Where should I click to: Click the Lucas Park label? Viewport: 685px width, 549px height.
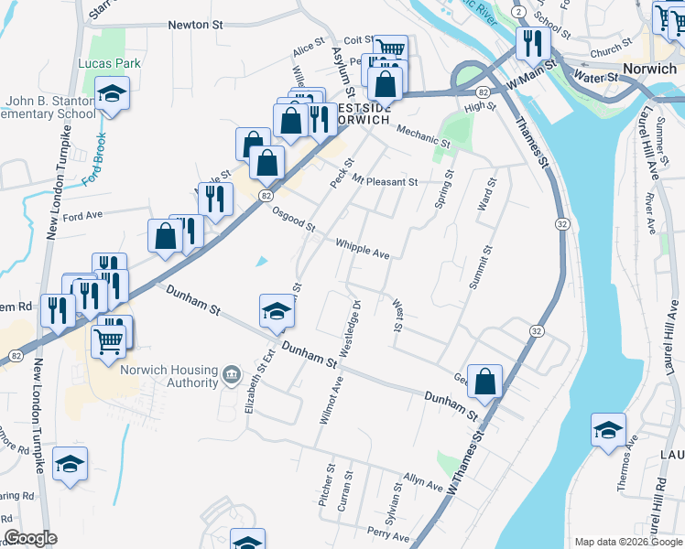pyautogui.click(x=109, y=63)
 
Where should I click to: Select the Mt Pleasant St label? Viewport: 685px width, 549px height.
pyautogui.click(x=385, y=182)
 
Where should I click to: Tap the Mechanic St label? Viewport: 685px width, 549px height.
pyautogui.click(x=423, y=136)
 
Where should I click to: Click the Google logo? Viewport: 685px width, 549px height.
pyautogui.click(x=31, y=538)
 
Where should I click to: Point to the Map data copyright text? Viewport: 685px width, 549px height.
pyautogui.click(x=627, y=542)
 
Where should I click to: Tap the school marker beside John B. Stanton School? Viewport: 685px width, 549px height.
pyautogui.click(x=113, y=94)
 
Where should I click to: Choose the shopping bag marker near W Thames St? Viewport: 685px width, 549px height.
pyautogui.click(x=485, y=382)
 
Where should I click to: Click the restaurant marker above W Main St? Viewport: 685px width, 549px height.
pyautogui.click(x=532, y=42)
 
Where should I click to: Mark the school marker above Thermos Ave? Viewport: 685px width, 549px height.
pyautogui.click(x=608, y=431)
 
